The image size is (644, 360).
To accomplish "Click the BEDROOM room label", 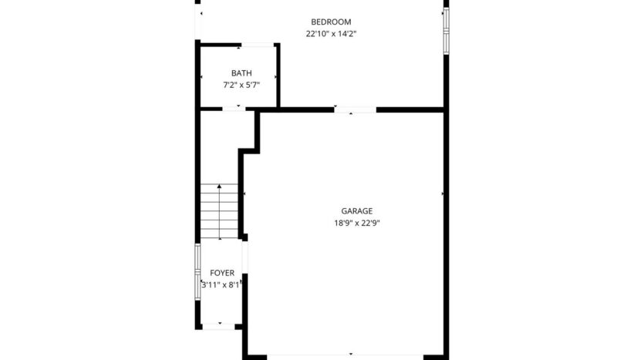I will (331, 22).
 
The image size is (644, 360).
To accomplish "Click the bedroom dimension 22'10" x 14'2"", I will (331, 33).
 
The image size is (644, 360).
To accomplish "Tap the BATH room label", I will (241, 73).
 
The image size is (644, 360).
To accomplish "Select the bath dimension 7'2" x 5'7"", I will (241, 85).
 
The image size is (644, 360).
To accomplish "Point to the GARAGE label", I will (357, 210).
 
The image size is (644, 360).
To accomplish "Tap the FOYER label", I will (222, 273).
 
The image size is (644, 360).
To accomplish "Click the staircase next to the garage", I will (221, 213).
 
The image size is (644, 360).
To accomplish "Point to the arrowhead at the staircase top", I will (221, 187).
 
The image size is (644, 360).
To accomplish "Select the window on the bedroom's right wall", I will (446, 31).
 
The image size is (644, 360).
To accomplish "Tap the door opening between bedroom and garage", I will (355, 109).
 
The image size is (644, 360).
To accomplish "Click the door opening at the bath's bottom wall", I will (238, 109).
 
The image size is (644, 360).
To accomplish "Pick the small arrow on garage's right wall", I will (442, 193).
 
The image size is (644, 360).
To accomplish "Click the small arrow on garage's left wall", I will (244, 193).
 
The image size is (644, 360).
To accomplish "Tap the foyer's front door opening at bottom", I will (221, 327).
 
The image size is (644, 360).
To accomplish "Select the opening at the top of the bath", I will (258, 45).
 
